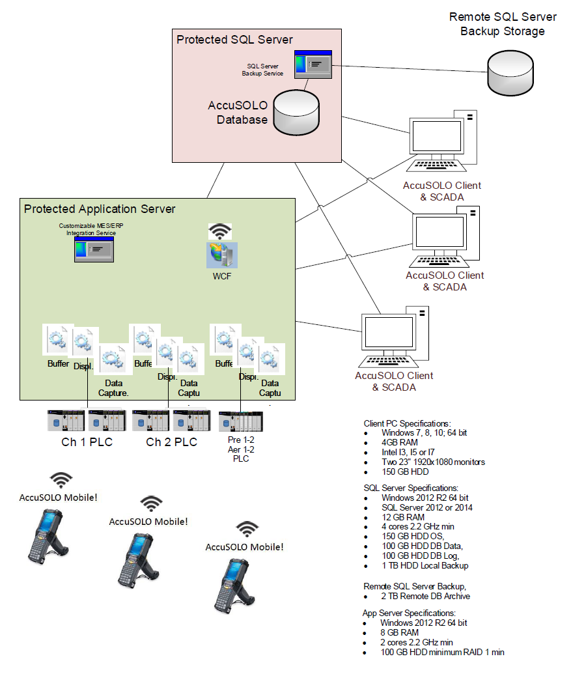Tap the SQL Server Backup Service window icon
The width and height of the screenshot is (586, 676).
pos(313,64)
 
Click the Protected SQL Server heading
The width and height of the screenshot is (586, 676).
pos(234,40)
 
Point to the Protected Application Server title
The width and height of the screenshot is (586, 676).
pos(100,209)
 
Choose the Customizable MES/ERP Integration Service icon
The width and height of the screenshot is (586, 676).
pos(94,249)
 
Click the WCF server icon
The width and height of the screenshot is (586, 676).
pos(222,255)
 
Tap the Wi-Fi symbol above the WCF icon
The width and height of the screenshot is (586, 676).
pos(220,231)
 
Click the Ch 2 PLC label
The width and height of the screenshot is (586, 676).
pos(171,442)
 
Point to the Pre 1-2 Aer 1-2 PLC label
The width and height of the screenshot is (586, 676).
pos(240,449)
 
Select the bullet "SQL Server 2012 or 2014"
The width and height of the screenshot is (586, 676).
pos(426,507)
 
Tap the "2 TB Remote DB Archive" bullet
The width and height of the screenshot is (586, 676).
pos(425,596)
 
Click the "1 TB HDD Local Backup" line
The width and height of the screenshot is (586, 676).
pos(425,565)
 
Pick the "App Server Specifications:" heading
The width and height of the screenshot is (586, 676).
pos(409,613)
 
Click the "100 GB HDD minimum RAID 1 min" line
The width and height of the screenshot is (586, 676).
pos(442,652)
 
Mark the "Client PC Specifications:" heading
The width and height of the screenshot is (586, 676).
pos(407,423)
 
